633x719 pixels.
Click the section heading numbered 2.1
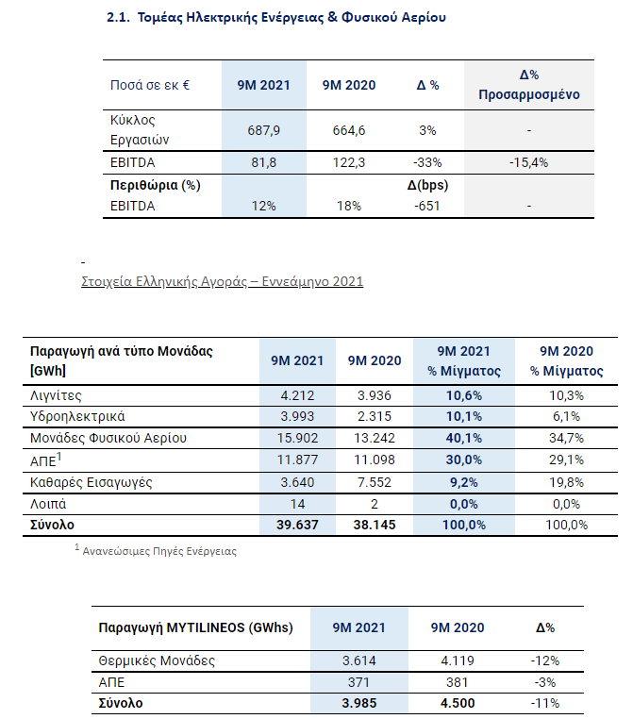tap(275, 17)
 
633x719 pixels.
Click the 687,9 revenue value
tap(263, 131)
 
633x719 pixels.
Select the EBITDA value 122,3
tap(349, 163)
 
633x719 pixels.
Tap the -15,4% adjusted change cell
tap(528, 163)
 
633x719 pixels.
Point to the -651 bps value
tap(427, 206)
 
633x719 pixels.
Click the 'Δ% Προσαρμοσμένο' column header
tap(529, 85)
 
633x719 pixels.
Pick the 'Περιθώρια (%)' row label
tap(156, 185)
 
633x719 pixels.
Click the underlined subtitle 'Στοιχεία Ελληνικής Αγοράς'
tap(223, 281)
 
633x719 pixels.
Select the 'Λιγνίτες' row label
tap(56, 395)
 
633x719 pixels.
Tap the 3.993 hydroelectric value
tap(297, 416)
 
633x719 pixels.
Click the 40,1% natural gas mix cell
tap(464, 438)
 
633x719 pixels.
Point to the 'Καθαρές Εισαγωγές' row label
tap(92, 482)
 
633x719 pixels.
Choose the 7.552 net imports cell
tap(375, 482)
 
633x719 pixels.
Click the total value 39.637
tap(297, 525)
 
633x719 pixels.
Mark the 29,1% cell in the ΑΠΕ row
tap(567, 460)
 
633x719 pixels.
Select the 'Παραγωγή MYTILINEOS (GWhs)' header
tap(195, 627)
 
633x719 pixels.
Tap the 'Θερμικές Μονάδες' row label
tap(157, 660)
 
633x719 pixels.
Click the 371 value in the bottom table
tap(358, 682)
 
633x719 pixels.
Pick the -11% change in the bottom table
tap(545, 703)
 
